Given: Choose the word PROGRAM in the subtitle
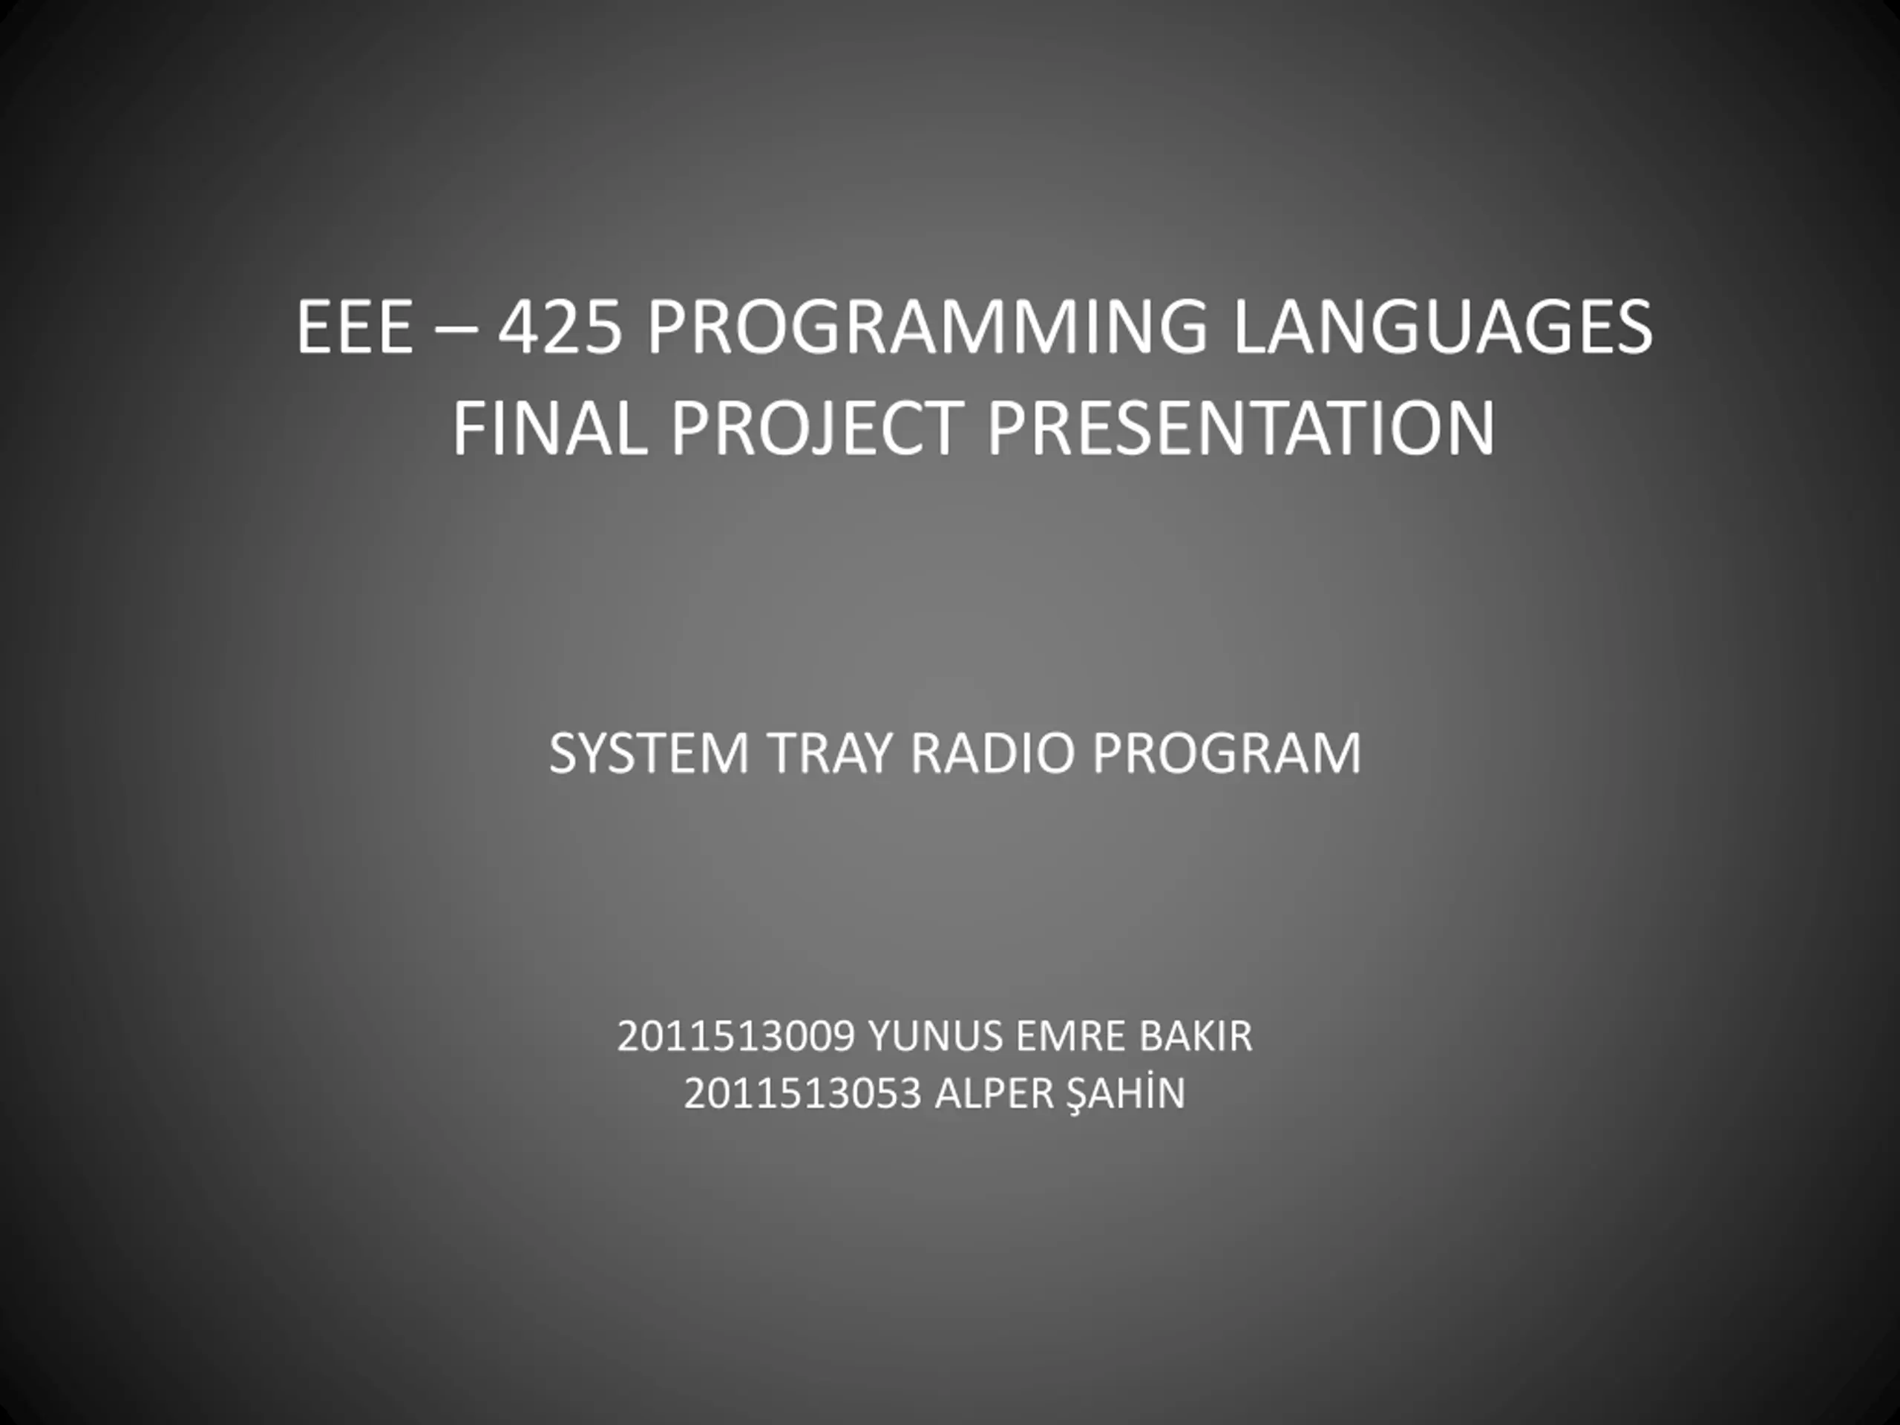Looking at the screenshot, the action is (1226, 753).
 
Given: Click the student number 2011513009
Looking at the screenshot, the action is (736, 1036).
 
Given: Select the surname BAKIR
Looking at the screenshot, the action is (1196, 1036).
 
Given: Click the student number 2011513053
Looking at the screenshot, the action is (803, 1093).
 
